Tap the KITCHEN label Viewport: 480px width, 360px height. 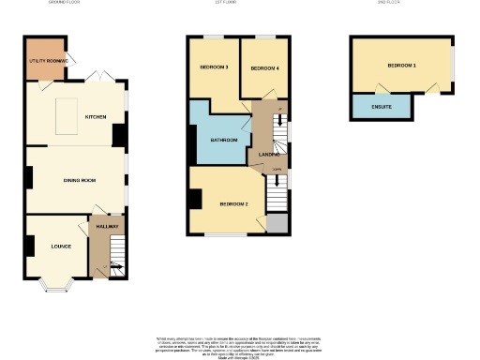tap(96, 117)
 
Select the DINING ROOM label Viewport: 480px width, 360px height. tap(80, 179)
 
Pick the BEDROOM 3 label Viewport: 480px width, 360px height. tap(214, 68)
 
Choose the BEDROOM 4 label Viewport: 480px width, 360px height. tap(264, 68)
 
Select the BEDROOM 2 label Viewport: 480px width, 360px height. tap(233, 203)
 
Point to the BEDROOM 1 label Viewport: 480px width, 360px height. tap(402, 66)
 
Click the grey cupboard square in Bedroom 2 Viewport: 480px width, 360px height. tap(277, 223)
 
